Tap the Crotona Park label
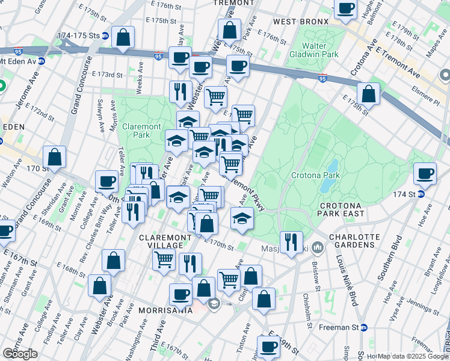(316, 176)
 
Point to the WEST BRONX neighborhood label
(301, 22)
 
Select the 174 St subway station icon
(421, 194)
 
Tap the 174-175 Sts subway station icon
(105, 35)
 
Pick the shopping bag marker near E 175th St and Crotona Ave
(368, 94)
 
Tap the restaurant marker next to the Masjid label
(291, 242)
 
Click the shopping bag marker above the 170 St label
(55, 157)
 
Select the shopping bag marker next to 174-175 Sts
(123, 37)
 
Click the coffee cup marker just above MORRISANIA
(180, 294)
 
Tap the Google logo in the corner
(20, 354)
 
